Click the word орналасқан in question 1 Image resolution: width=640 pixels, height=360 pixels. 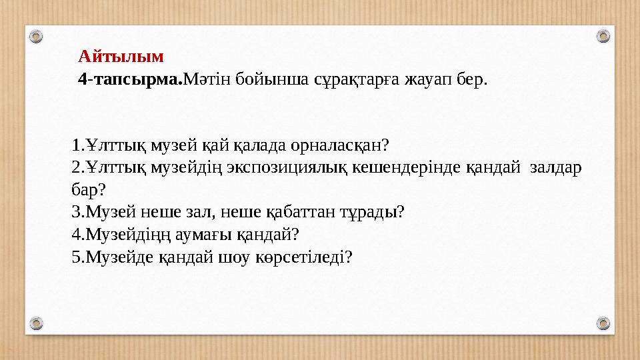(339, 145)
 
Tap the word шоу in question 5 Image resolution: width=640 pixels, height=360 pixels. (231, 257)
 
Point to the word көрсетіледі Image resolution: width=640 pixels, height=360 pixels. (303, 257)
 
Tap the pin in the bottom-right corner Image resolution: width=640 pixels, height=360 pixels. (603, 324)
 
